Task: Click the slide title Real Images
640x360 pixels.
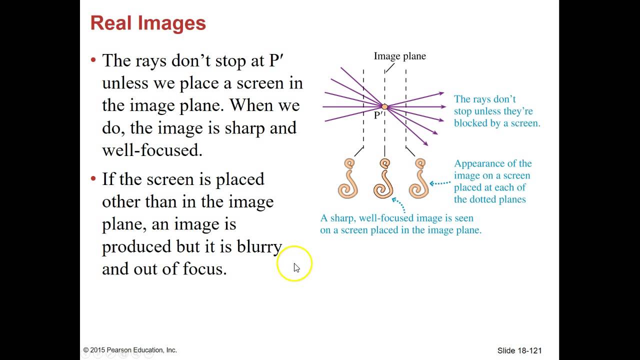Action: [148, 23]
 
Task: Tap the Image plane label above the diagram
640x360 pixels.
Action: [399, 56]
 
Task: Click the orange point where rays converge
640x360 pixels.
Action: [384, 106]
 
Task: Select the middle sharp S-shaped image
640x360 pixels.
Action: [384, 178]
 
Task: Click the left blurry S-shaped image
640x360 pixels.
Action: [348, 178]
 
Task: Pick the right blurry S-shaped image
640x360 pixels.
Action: [419, 178]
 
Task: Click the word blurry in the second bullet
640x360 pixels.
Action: [259, 246]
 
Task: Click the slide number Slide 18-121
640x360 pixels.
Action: [519, 350]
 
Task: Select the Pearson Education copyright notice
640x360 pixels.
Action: [130, 350]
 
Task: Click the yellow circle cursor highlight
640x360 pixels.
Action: [294, 263]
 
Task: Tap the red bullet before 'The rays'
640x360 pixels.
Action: [93, 60]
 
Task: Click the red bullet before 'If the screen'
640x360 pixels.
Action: [93, 178]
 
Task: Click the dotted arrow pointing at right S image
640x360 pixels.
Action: [440, 183]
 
